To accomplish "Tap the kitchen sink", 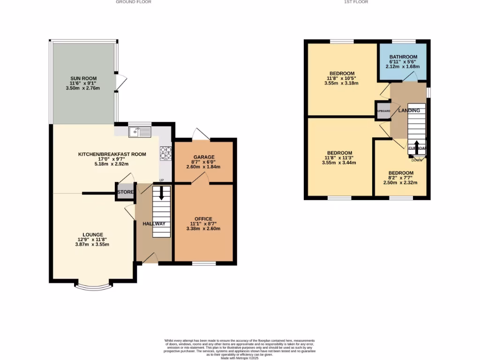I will click(x=140, y=132).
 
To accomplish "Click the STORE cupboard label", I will click(x=125, y=192).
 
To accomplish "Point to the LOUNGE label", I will click(x=93, y=234).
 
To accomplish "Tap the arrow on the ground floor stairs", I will click(x=161, y=193).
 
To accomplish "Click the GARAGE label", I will click(x=204, y=157).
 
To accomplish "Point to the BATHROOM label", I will click(x=403, y=57).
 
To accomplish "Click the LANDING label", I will click(x=409, y=110).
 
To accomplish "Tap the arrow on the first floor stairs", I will click(x=416, y=143).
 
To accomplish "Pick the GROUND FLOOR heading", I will click(x=134, y=2).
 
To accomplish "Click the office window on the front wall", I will click(x=204, y=263).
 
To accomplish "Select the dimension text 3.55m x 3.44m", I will click(x=340, y=163).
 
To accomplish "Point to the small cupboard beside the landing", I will click(x=382, y=111).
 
